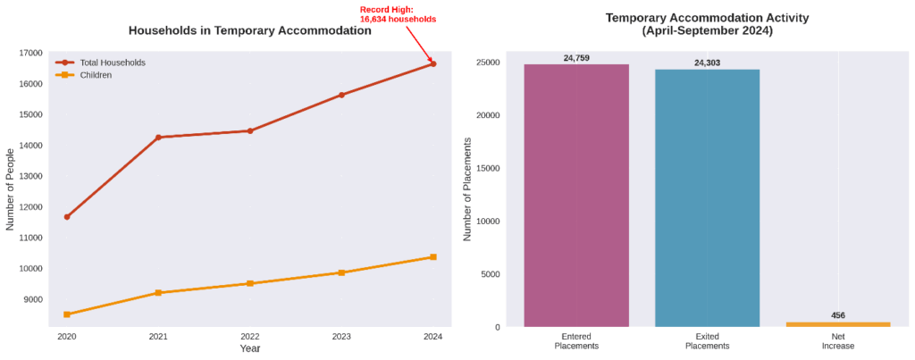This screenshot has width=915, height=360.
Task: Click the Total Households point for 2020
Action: pos(67,217)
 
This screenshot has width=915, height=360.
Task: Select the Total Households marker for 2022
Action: pos(250,131)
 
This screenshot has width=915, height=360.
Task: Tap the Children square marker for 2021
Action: pos(158,293)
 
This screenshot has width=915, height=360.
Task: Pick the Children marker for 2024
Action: pos(433,257)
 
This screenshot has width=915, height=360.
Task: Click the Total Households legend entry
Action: pos(112,63)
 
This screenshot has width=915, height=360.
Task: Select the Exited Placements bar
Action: pos(707,197)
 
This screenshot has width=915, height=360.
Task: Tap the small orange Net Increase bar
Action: pos(838,324)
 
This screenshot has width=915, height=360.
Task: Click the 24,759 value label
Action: pos(576,58)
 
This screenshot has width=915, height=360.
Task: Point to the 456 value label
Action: pos(838,315)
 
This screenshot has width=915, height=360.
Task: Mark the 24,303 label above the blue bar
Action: pos(707,63)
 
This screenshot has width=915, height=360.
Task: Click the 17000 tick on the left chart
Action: pos(31,53)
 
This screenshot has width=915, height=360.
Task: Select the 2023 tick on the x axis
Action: pos(341,337)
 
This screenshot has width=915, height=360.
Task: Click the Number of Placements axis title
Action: pos(467,195)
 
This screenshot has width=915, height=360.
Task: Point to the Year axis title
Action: pos(250,348)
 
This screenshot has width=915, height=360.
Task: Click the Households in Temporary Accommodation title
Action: pos(250,30)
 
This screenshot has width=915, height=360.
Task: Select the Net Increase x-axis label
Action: pos(838,341)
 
